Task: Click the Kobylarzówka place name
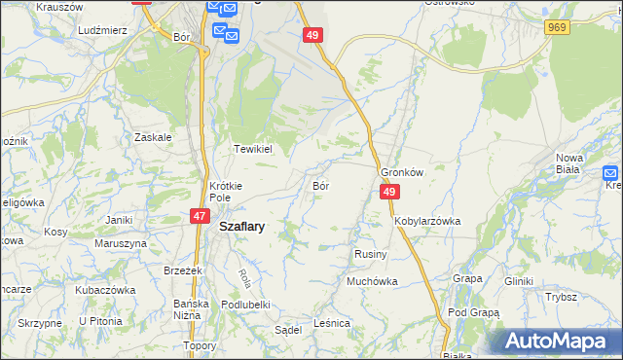pyautogui.click(x=427, y=221)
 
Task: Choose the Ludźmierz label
pyautogui.click(x=104, y=30)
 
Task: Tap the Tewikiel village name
pyautogui.click(x=251, y=149)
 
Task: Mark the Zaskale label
pyautogui.click(x=154, y=137)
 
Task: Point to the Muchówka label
pyautogui.click(x=372, y=281)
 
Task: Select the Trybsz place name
pyautogui.click(x=562, y=297)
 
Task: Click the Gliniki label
pyautogui.click(x=518, y=281)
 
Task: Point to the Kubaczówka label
pyautogui.click(x=104, y=290)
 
